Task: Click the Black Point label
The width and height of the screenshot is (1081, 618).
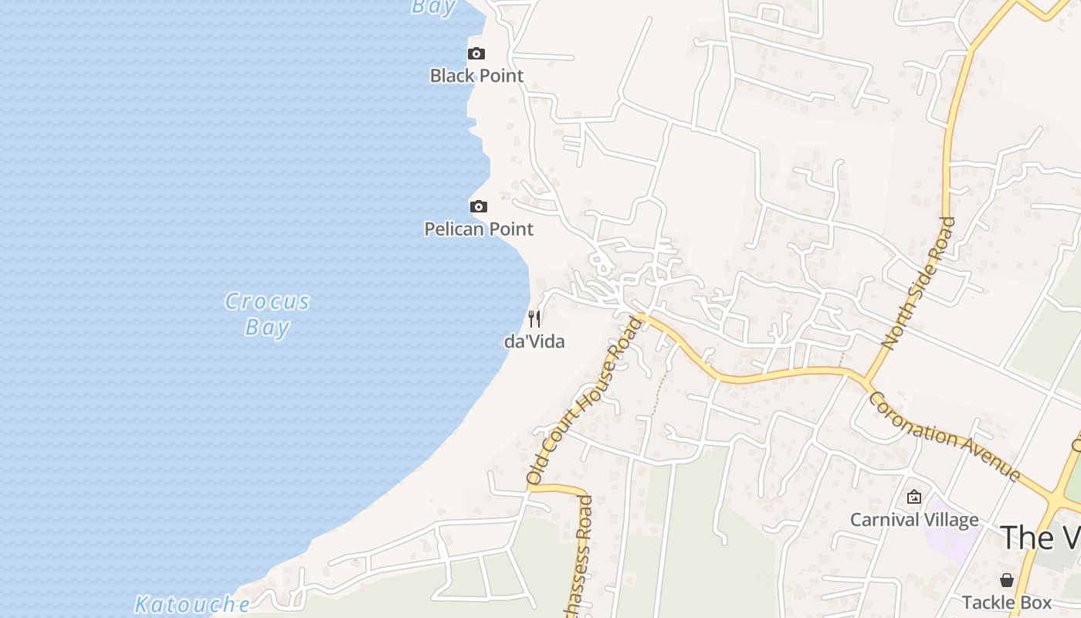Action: (476, 76)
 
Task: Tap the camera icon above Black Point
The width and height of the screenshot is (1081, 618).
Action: (476, 53)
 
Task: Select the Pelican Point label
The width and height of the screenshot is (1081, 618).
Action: (479, 229)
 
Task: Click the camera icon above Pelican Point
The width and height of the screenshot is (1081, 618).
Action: (479, 206)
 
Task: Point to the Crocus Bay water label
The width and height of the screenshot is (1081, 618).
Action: (267, 314)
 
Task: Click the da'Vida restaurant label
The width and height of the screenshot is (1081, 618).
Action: (534, 341)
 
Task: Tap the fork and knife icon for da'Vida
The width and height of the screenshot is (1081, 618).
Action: (534, 318)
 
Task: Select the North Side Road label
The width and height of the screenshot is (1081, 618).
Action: (918, 283)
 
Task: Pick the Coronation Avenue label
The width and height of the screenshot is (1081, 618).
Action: (944, 436)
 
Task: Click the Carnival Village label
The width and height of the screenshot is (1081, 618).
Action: (914, 519)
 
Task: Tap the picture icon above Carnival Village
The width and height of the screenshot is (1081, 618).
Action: (914, 497)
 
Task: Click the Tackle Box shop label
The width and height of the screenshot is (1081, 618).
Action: (1007, 603)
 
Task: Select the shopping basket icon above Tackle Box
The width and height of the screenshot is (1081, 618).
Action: (1007, 580)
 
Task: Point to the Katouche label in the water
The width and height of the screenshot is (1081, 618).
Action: (192, 604)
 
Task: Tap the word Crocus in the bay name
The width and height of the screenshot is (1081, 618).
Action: (267, 301)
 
